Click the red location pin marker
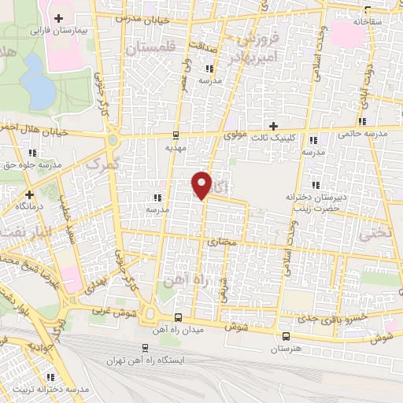pyautogui.click(x=202, y=184)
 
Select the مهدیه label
pyautogui.click(x=175, y=147)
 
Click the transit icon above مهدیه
pyautogui.click(x=175, y=135)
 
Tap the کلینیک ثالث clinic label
pyautogui.click(x=272, y=137)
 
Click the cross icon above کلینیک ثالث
pyautogui.click(x=273, y=126)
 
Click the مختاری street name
pyautogui.click(x=223, y=244)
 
